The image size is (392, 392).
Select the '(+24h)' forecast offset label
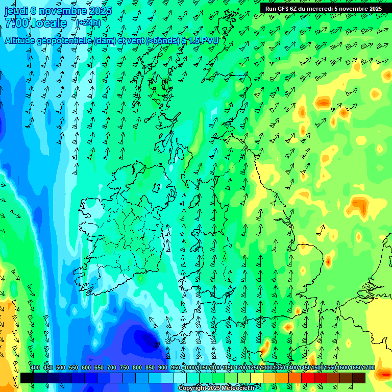[88, 23]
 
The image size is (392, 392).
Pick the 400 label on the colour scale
[35, 368]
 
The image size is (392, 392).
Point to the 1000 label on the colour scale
[190, 368]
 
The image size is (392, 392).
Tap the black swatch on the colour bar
[27, 378]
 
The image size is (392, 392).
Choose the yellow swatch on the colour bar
[257, 378]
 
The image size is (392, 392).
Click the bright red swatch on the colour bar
[308, 378]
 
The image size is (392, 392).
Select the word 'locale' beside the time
[50, 23]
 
